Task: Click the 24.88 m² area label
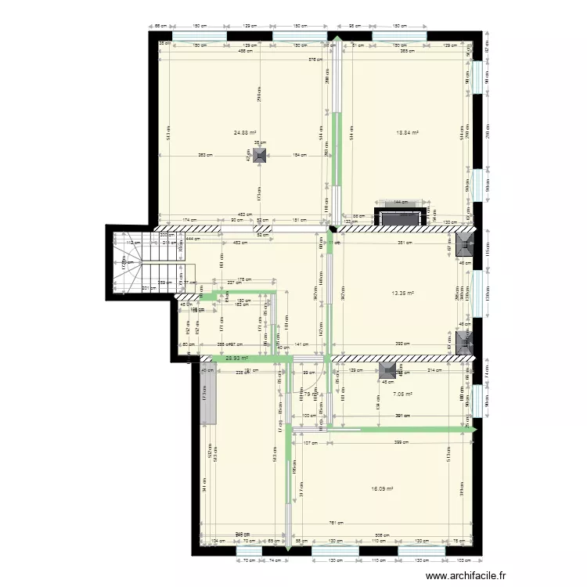coord(245,133)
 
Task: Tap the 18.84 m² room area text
coord(407,133)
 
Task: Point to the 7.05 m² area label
coord(403,394)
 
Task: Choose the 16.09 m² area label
coord(381,489)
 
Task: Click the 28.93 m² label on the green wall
coord(237,358)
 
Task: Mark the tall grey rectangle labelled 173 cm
coord(207,395)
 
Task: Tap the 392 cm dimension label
coord(402,344)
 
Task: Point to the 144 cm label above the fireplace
coord(400,203)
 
